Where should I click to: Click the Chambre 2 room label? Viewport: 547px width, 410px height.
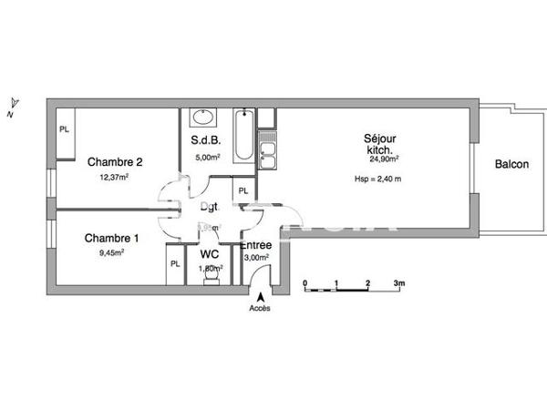tap(115, 162)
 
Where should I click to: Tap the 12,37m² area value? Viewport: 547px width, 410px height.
tap(114, 178)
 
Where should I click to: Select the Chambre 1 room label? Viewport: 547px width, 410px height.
tap(112, 239)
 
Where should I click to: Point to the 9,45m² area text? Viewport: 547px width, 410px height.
tap(110, 253)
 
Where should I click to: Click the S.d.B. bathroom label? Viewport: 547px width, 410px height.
tap(203, 141)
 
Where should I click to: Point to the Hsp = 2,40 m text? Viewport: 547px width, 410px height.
tap(378, 179)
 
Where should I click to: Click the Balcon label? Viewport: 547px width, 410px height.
tap(512, 165)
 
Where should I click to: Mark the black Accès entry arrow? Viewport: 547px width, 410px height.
tap(260, 295)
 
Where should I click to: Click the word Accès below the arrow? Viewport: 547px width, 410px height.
tap(260, 308)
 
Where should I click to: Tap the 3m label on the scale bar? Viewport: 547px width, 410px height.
tap(399, 283)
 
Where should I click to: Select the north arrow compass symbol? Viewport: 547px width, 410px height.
tap(13, 107)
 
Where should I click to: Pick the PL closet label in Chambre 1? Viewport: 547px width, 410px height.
tap(173, 265)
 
